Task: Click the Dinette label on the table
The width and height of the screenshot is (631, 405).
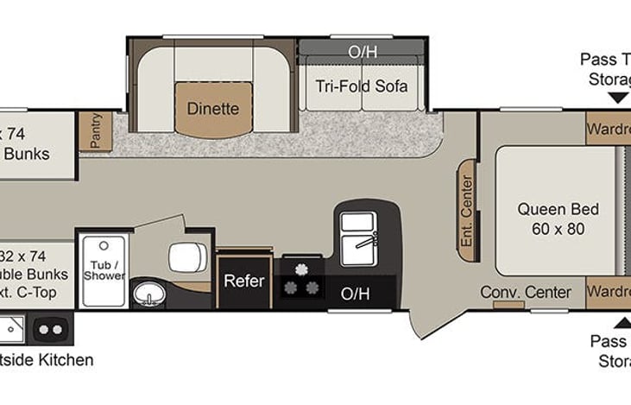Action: [213, 109]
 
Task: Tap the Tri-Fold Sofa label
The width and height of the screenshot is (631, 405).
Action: [361, 87]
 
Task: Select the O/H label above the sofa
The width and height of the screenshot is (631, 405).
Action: [363, 52]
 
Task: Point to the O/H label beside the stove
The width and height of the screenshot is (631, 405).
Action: [355, 294]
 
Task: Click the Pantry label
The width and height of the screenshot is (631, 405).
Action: [96, 131]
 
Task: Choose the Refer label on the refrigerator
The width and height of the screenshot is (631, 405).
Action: [243, 281]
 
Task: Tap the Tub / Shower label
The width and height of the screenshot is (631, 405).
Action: [104, 269]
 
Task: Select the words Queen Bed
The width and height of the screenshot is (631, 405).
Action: [558, 209]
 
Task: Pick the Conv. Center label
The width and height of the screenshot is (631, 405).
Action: [525, 292]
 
